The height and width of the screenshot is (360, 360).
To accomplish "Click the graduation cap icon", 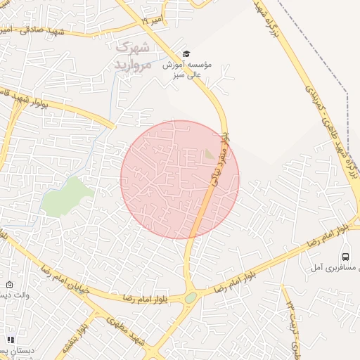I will [x=186, y=53].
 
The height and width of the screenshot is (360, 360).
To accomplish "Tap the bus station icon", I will [x=345, y=257].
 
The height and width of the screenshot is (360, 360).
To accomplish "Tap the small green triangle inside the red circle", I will [x=210, y=153].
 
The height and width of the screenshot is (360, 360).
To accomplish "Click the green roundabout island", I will [x=191, y=297].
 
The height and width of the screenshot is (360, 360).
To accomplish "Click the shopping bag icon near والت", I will [x=9, y=285].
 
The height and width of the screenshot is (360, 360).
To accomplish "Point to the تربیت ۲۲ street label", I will [x=295, y=327].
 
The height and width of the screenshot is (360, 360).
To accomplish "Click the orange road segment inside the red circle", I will [x=202, y=211].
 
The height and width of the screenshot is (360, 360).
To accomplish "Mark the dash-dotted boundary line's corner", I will [x=347, y=91].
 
